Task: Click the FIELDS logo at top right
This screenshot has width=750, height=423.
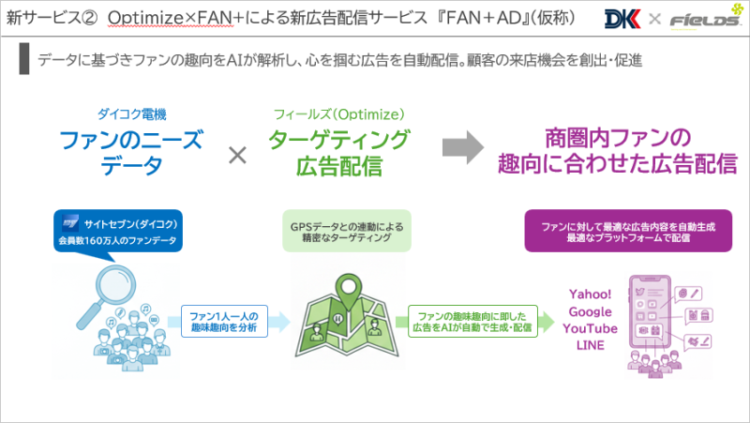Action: (701, 20)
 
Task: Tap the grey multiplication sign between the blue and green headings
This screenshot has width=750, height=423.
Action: (238, 154)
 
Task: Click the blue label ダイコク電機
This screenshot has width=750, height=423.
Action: (131, 114)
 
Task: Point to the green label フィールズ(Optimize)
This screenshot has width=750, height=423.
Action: (338, 114)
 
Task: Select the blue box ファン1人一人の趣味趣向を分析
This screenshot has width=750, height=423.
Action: (223, 322)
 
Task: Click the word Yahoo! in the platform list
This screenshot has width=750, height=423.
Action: (590, 294)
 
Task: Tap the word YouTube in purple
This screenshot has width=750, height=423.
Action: (590, 328)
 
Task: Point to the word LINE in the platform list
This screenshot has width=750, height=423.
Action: (590, 345)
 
